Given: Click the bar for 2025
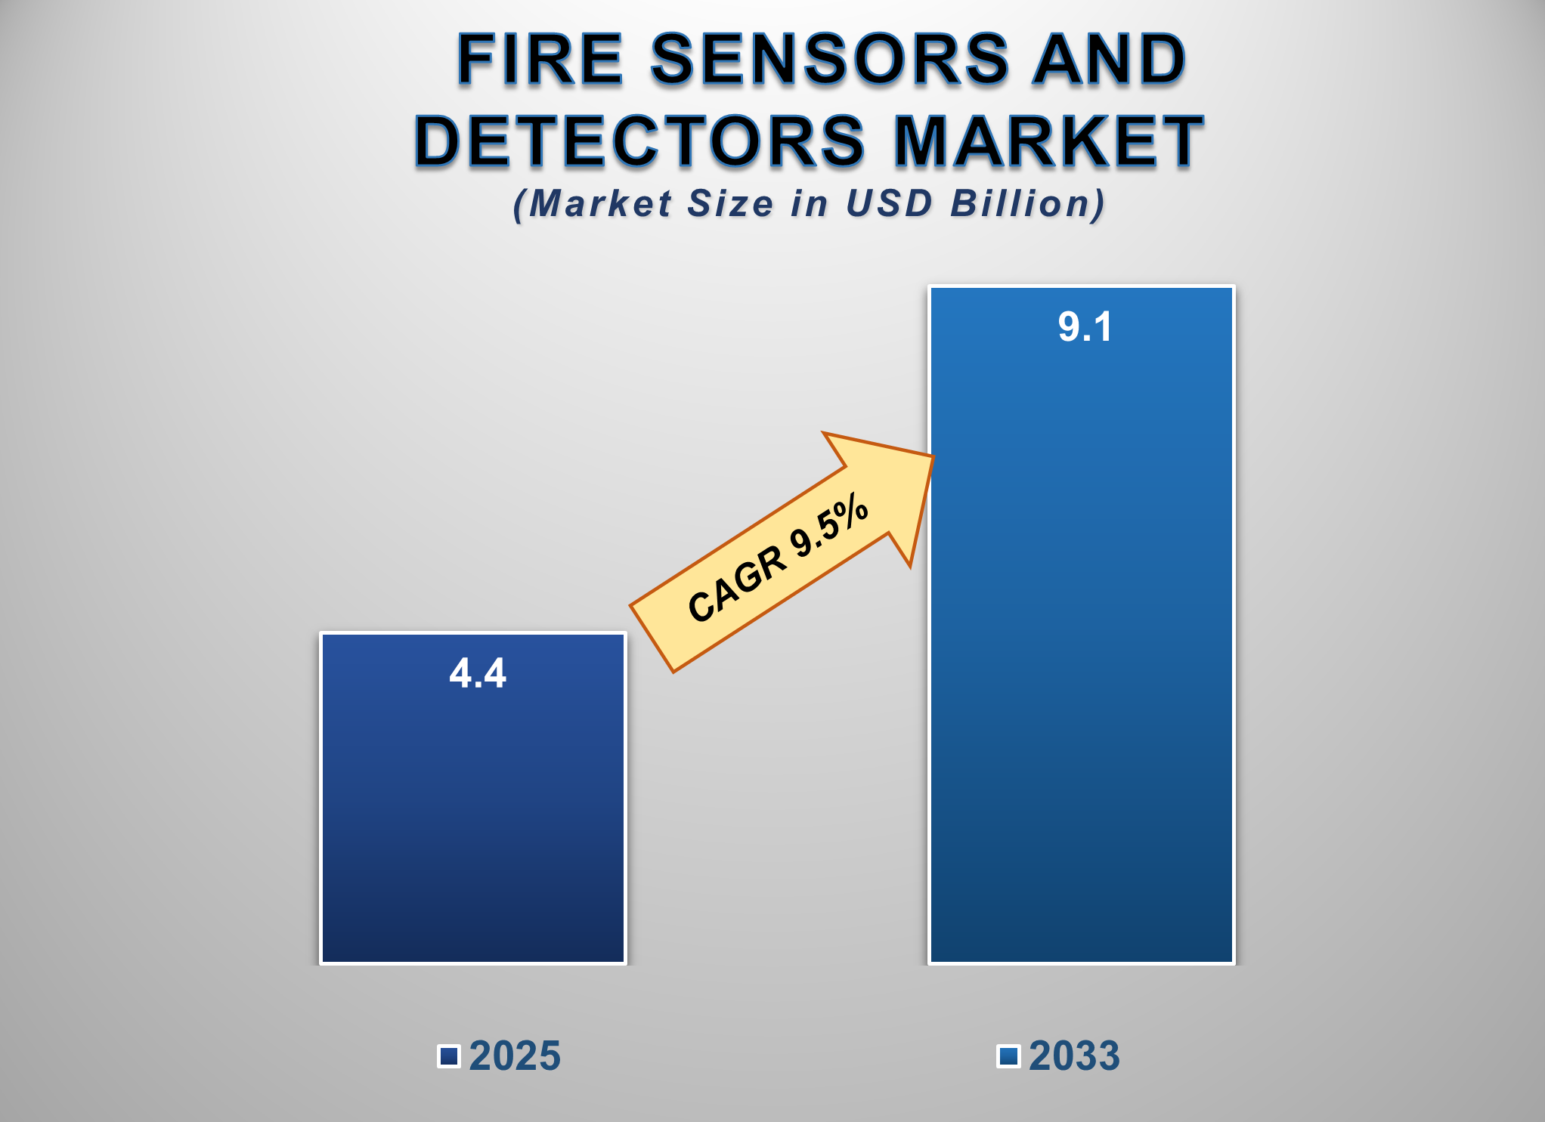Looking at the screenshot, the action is click(x=473, y=798).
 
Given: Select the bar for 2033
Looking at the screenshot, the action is click(x=1082, y=625).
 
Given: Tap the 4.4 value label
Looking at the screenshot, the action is click(x=478, y=672).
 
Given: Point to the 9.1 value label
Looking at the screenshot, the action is click(x=1085, y=327).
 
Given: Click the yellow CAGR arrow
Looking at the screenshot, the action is click(x=782, y=552).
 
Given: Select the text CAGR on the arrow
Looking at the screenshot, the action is click(x=736, y=583).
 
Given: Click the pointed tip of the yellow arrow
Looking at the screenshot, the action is click(x=935, y=456).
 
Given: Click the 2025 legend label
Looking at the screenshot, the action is click(x=515, y=1056).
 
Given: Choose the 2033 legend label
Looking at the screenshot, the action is click(x=1074, y=1056).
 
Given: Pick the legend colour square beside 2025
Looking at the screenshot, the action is click(x=449, y=1056).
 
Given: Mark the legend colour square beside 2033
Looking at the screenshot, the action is click(x=1009, y=1056).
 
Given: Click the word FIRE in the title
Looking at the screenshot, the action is click(x=540, y=59).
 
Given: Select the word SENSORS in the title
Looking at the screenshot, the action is click(x=830, y=59).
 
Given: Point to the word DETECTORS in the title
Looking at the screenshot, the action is click(x=639, y=141).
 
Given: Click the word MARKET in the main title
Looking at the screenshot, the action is click(x=1049, y=141).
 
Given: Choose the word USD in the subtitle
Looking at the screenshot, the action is click(x=889, y=203).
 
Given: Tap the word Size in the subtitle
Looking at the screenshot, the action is click(x=730, y=203).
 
